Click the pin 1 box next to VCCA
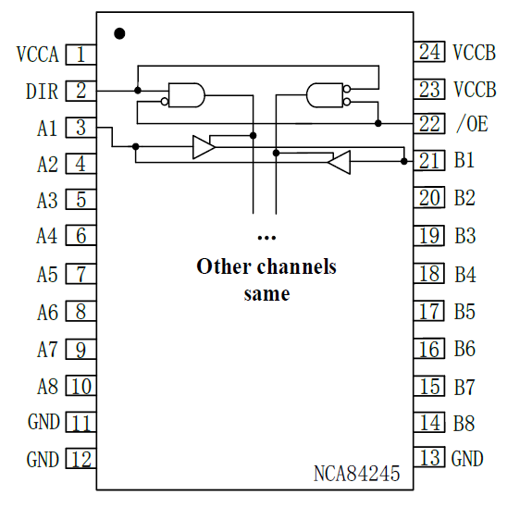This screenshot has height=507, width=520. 81,55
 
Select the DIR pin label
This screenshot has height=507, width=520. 41,91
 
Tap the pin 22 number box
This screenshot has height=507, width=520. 429,123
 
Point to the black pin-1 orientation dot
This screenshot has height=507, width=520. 119,34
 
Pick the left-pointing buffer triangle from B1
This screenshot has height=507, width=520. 340,163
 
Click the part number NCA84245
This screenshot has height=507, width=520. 356,475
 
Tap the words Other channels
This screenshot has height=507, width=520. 266,267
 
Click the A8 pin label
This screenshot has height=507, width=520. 47,386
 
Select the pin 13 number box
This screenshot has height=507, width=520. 429,458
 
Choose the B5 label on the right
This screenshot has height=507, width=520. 465,311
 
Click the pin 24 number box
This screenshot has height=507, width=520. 429,52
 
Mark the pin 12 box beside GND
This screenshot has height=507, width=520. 81,460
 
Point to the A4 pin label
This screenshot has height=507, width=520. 47,236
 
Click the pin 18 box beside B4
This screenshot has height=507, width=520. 429,273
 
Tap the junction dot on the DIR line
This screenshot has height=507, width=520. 138,91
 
